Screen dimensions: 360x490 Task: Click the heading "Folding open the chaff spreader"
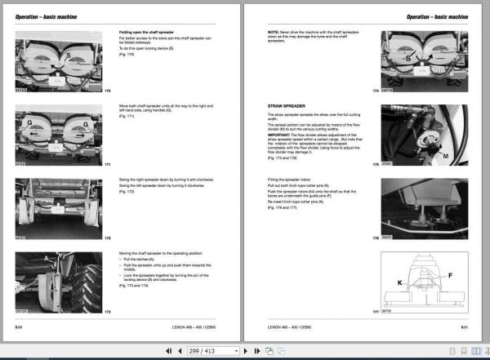pyautogui.click(x=151, y=32)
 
